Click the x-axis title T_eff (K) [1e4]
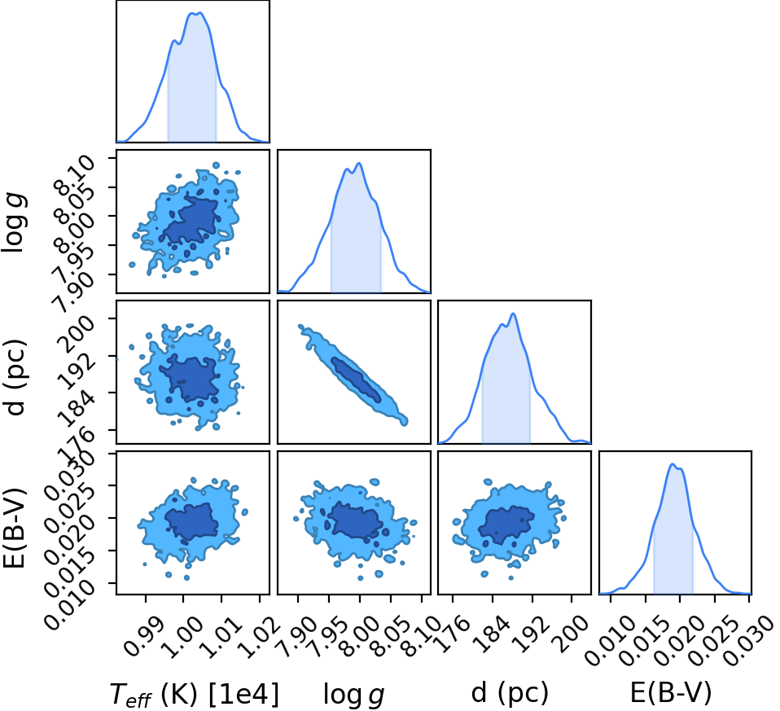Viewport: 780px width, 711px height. [x=194, y=694]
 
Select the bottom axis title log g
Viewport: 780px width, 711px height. [x=353, y=694]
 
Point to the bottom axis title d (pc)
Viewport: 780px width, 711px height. [x=510, y=692]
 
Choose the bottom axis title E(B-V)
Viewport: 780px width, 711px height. [x=671, y=692]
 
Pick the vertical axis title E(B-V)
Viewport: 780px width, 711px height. [x=14, y=529]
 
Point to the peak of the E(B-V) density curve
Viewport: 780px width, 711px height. [x=673, y=463]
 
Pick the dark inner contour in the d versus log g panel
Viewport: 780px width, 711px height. [x=356, y=380]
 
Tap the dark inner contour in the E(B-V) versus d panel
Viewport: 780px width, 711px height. [x=506, y=524]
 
